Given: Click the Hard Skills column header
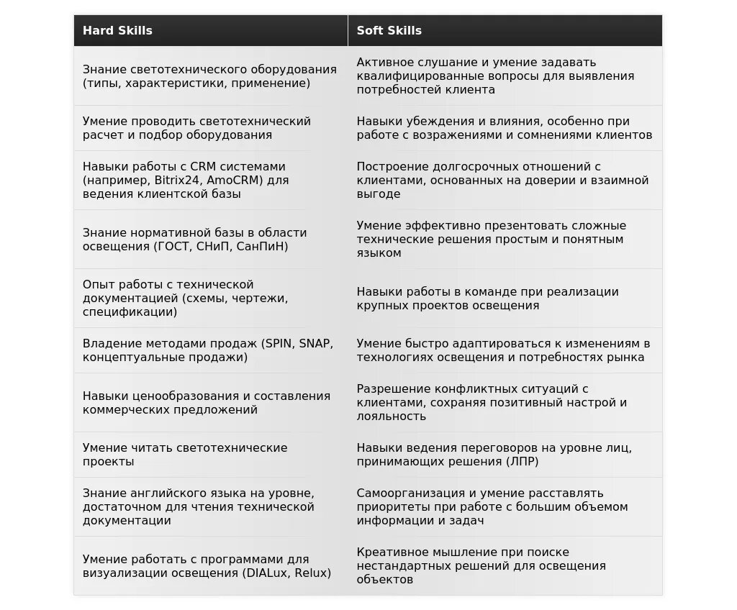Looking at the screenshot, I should pyautogui.click(x=117, y=30).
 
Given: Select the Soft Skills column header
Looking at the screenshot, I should pyautogui.click(x=389, y=30).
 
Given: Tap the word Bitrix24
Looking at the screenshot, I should pyautogui.click(x=177, y=180).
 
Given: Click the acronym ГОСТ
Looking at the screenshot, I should pyautogui.click(x=171, y=246).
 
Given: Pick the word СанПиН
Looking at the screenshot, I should pyautogui.click(x=261, y=246).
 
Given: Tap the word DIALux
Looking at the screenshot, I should pyautogui.click(x=265, y=573).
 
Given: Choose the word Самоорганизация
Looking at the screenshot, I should pyautogui.click(x=407, y=493).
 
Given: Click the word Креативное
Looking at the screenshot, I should pyautogui.click(x=391, y=552).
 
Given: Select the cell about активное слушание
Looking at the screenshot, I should pyautogui.click(x=504, y=76).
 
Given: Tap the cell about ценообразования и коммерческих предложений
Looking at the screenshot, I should pyautogui.click(x=209, y=403).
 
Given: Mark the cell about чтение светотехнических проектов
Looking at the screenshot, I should pyautogui.click(x=209, y=455).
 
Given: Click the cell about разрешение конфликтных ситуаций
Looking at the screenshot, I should pyautogui.click(x=504, y=403).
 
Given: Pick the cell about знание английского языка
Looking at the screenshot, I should pyautogui.click(x=209, y=507).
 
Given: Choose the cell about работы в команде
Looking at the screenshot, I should pyautogui.click(x=504, y=299).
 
